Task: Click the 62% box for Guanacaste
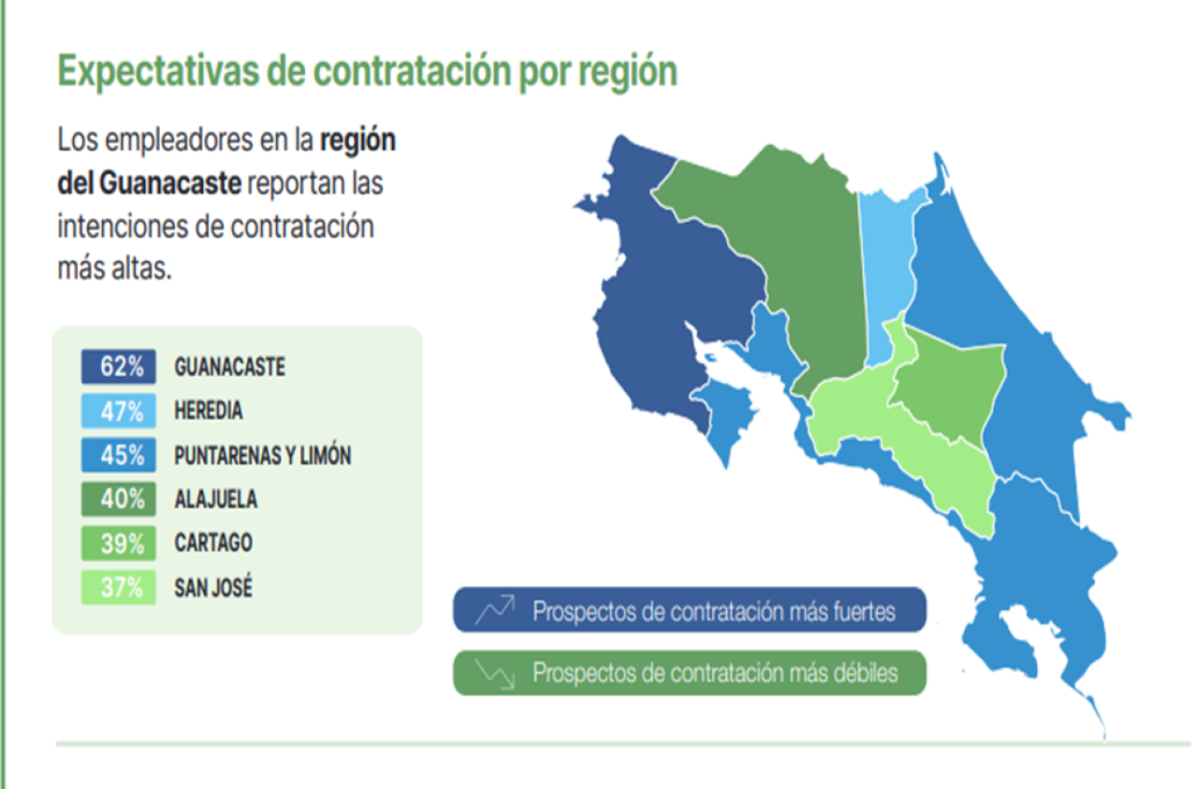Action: tap(118, 366)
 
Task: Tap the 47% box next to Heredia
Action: tap(118, 411)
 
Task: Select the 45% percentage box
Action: tap(118, 455)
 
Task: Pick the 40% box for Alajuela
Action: tap(118, 499)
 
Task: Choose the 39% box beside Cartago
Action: tap(118, 544)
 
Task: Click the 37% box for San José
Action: tap(118, 587)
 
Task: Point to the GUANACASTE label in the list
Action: tap(230, 367)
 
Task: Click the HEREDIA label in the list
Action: tap(209, 411)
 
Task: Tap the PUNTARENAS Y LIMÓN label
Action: tap(263, 455)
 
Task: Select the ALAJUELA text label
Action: tap(216, 500)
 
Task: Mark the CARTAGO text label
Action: tap(213, 543)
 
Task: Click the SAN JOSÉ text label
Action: tap(213, 587)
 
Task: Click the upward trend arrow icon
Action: tap(495, 609)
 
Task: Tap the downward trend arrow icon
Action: tap(495, 673)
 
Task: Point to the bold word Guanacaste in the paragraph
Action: tap(170, 184)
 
